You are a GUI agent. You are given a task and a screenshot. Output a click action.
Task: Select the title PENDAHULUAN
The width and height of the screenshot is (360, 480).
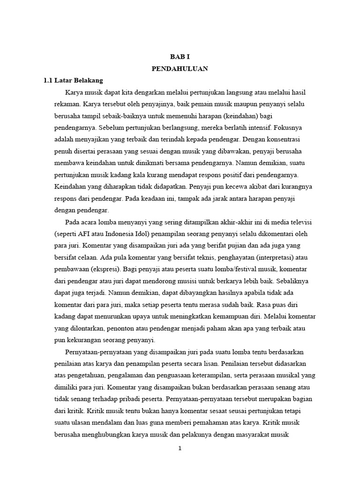(180, 68)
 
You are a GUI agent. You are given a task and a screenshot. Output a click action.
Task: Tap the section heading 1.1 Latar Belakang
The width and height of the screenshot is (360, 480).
(73, 80)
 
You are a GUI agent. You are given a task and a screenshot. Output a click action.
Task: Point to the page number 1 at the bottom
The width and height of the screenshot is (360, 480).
(180, 448)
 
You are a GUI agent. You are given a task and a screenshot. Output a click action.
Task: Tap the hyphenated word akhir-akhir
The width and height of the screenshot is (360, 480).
(240, 222)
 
